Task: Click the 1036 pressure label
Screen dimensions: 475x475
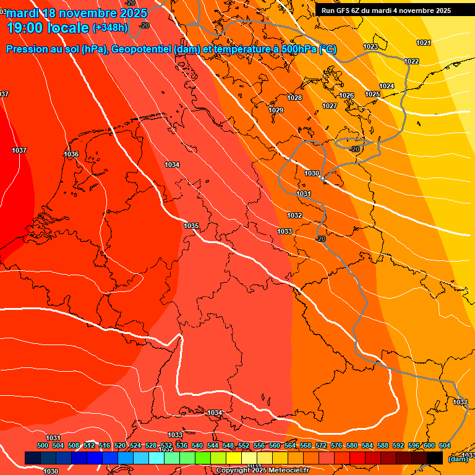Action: pos(71,154)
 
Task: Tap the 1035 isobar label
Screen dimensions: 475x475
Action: pos(191,226)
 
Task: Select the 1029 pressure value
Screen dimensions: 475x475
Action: pos(276,111)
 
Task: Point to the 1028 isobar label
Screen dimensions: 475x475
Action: pos(294,98)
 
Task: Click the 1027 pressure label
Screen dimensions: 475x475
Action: pos(330,106)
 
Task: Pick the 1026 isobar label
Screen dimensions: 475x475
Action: pos(346,96)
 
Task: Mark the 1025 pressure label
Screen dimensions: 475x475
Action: pos(372,95)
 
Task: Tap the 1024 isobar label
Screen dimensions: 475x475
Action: pos(387,86)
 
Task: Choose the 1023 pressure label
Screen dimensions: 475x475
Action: pos(370,47)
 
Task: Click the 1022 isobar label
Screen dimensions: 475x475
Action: pos(411,61)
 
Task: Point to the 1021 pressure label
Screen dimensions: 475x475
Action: pos(424,43)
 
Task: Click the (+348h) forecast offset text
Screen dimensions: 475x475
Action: pos(110,28)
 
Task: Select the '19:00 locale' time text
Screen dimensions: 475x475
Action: pos(47,28)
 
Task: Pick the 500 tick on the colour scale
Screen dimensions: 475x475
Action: pos(43,445)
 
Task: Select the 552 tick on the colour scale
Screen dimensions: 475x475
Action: pos(244,445)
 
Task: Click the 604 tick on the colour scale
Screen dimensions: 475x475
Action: pos(445,445)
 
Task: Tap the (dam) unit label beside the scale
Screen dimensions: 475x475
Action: pos(458,458)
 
